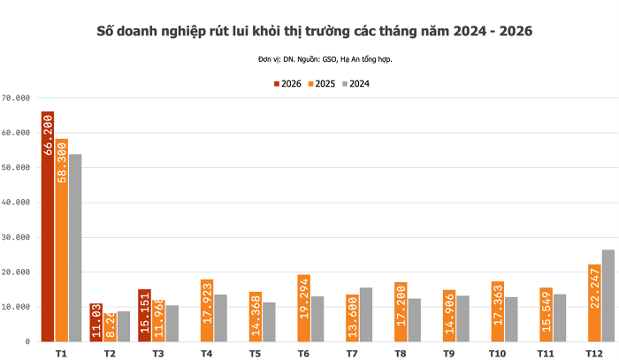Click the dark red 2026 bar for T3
coord(145,315)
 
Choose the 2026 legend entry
coord(287,84)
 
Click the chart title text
coord(315,31)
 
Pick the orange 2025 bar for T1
coord(61,239)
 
